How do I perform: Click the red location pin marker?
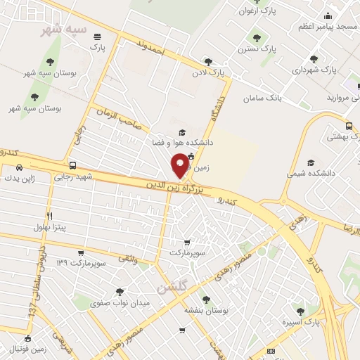tap(180, 165)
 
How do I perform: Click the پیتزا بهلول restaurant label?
tap(49, 227)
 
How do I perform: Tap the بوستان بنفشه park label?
tap(205, 309)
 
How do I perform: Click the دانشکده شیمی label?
tap(310, 172)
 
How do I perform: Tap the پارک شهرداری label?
tap(314, 70)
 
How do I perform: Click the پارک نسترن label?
tap(255, 49)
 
